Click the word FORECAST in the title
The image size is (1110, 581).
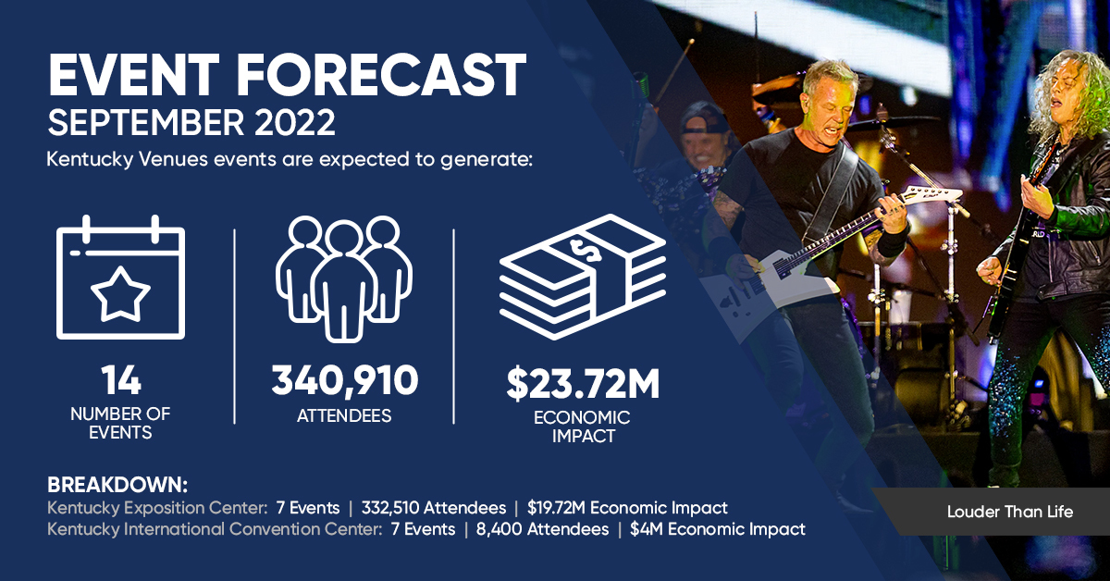click(x=380, y=74)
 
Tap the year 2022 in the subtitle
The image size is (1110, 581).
click(x=295, y=122)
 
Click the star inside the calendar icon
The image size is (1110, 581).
click(x=120, y=293)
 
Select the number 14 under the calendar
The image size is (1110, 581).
click(x=121, y=380)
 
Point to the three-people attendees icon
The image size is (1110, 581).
click(x=344, y=278)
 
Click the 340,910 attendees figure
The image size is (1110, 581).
click(x=345, y=380)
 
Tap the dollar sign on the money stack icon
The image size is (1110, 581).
click(x=585, y=251)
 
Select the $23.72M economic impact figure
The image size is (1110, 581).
click(x=583, y=383)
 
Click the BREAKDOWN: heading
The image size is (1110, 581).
click(x=117, y=485)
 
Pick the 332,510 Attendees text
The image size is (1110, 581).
click(x=434, y=508)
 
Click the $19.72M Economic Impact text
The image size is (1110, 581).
click(x=627, y=508)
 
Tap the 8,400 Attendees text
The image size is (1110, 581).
click(x=543, y=529)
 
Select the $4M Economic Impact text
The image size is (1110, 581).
click(x=718, y=529)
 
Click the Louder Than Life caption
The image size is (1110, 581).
click(x=1010, y=512)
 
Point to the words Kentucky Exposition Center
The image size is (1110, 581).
click(x=157, y=508)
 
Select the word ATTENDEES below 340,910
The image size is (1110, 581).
click(x=344, y=415)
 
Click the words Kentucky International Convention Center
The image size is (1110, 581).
click(x=215, y=529)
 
